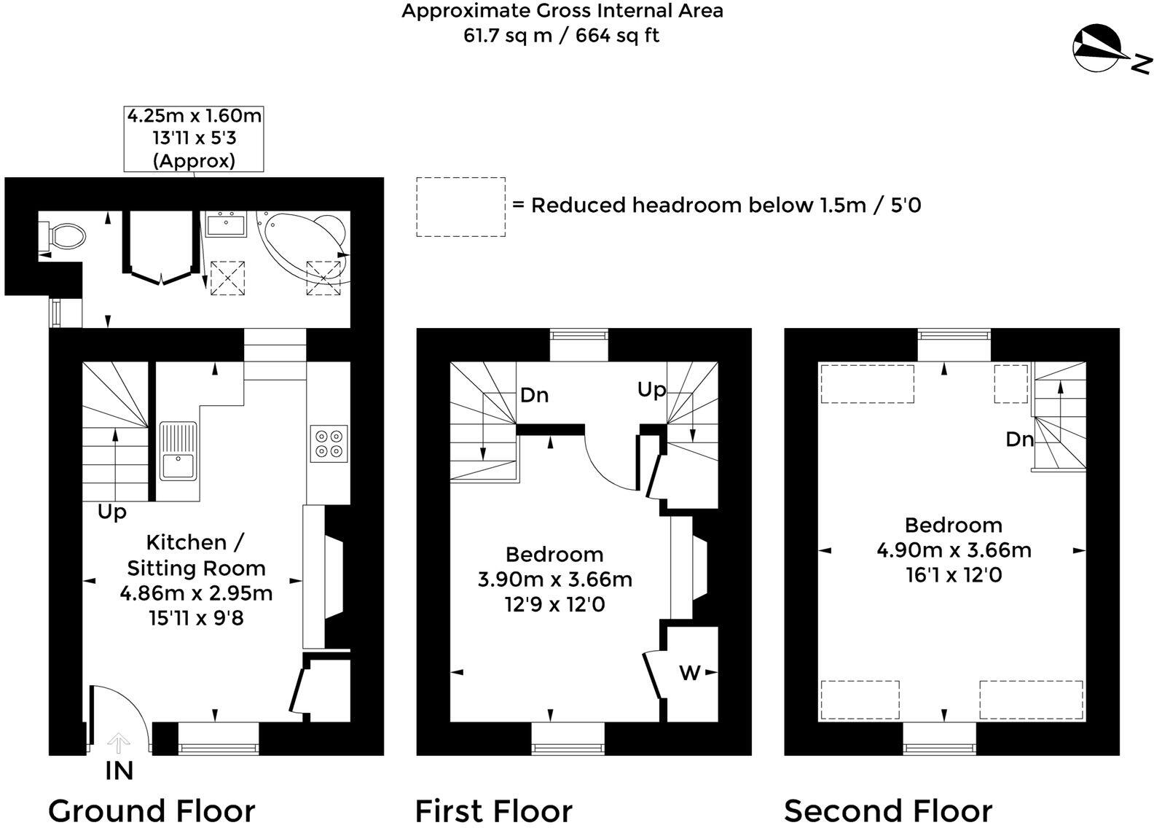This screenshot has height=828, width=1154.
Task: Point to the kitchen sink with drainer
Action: [178, 451]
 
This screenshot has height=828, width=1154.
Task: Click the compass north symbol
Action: [1099, 49]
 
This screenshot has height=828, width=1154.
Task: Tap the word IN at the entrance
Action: [119, 771]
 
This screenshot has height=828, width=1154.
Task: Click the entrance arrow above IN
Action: [118, 743]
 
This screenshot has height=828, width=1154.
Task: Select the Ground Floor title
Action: [152, 811]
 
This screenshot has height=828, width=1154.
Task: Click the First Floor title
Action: [493, 811]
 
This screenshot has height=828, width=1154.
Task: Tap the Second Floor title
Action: [887, 811]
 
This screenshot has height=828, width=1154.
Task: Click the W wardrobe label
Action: [689, 673]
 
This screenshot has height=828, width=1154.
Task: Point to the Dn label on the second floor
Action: [1019, 440]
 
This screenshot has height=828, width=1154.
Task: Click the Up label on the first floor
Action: [651, 390]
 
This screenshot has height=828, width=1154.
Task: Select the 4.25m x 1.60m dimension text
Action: [194, 116]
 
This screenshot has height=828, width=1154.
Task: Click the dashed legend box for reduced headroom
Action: [460, 206]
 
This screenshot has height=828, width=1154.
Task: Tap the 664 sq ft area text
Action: [617, 35]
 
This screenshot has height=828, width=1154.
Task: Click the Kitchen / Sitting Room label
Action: [195, 555]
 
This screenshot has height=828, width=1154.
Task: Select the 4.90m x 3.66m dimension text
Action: [953, 550]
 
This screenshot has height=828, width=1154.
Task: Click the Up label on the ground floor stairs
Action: [112, 512]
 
